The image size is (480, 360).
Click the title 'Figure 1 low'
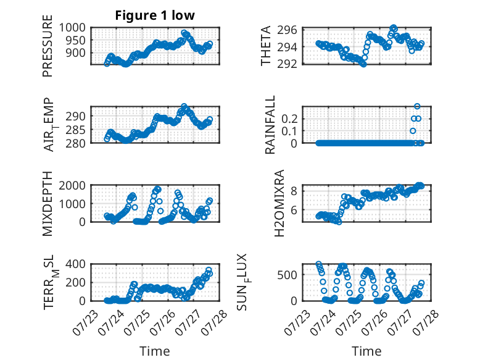pyautogui.click(x=155, y=15)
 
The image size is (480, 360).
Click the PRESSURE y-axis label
pyautogui.click(x=48, y=46)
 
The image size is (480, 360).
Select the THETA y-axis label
pyautogui.click(x=266, y=46)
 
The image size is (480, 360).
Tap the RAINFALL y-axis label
pyautogui.click(x=270, y=125)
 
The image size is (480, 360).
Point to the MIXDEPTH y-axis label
pyautogui.click(x=48, y=204)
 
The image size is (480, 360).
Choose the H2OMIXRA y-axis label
pyautogui.click(x=279, y=203)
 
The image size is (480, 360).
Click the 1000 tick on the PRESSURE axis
pyautogui.click(x=72, y=28)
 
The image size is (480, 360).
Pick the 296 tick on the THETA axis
pyautogui.click(x=287, y=30)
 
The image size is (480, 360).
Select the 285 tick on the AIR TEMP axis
pyautogui.click(x=76, y=130)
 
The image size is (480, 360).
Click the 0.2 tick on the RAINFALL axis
pyautogui.click(x=289, y=119)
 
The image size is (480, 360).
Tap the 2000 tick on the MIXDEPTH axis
pyautogui.click(x=72, y=185)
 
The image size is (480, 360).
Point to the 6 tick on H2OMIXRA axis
pyautogui.click(x=294, y=210)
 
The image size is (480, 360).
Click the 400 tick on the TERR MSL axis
pyautogui.click(x=76, y=264)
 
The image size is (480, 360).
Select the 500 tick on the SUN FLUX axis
pyautogui.click(x=287, y=275)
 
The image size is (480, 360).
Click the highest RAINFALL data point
pyautogui.click(x=417, y=106)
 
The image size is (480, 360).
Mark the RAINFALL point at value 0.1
pyautogui.click(x=413, y=131)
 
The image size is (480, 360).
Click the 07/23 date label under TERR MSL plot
pyautogui.click(x=85, y=322)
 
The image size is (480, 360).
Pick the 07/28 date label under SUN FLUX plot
pyautogui.click(x=426, y=322)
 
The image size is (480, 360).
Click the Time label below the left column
pyautogui.click(x=155, y=351)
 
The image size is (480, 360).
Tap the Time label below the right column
pyautogui.click(x=366, y=351)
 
